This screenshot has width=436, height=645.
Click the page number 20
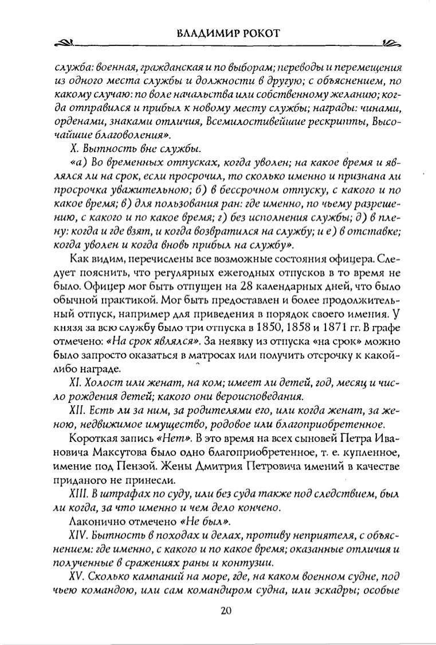(x=225, y=611)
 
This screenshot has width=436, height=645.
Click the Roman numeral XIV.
(x=78, y=537)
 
